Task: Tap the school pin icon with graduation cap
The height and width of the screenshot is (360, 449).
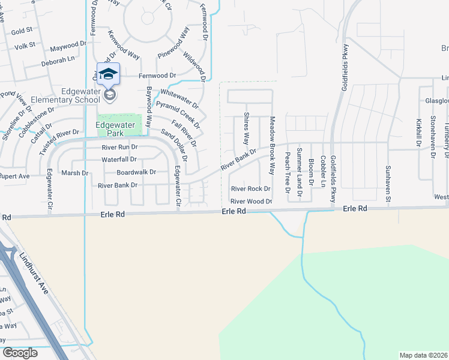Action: pos(108,74)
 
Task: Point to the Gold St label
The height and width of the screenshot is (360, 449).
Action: pos(21,31)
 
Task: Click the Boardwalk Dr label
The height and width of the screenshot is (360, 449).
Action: pos(136,172)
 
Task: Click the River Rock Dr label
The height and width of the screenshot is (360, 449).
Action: pos(250,189)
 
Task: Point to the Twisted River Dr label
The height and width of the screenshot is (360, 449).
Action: pos(59,142)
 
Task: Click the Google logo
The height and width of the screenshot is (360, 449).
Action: pos(19,353)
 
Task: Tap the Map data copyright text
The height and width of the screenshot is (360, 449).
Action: pos(423,355)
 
